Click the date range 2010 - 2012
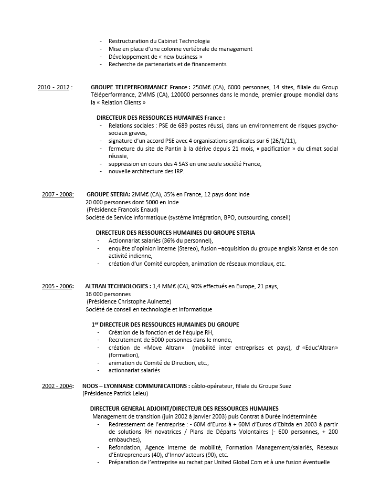[x=54, y=87]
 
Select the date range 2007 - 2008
[x=58, y=194]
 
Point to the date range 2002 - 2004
[x=58, y=386]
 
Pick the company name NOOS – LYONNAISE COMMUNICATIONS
[x=136, y=386]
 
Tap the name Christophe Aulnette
[x=146, y=302]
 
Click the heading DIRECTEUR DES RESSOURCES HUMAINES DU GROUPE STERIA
[x=175, y=233]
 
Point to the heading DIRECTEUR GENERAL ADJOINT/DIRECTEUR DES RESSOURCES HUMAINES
[x=184, y=409]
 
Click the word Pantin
[x=163, y=149]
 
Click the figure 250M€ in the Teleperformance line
[x=202, y=87]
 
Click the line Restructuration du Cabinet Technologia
[x=159, y=41]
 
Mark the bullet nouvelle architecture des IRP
[x=146, y=171]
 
